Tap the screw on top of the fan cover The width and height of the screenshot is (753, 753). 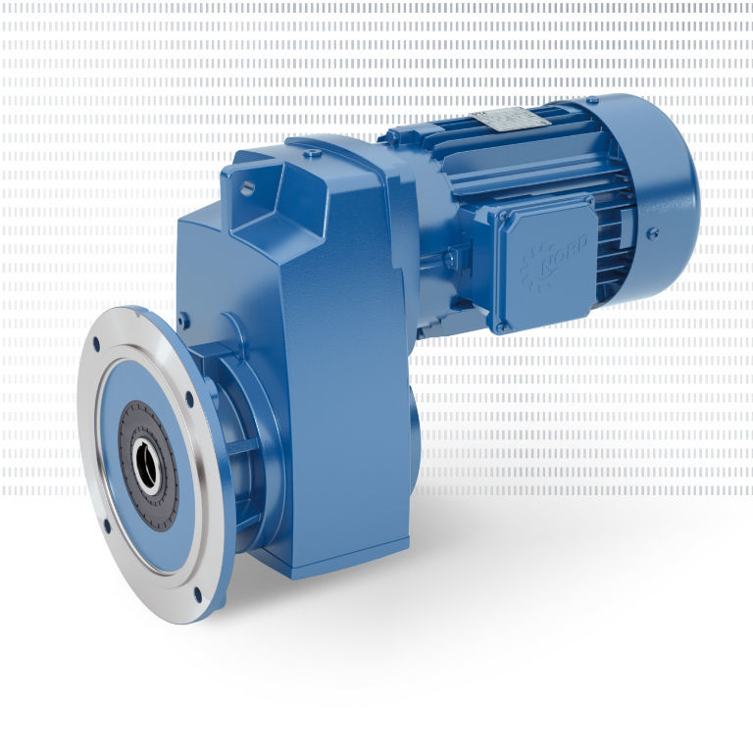point(591,100)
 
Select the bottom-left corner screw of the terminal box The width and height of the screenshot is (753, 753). point(501,325)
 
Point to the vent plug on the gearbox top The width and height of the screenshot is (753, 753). point(312,154)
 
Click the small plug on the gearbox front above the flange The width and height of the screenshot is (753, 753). point(183,319)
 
